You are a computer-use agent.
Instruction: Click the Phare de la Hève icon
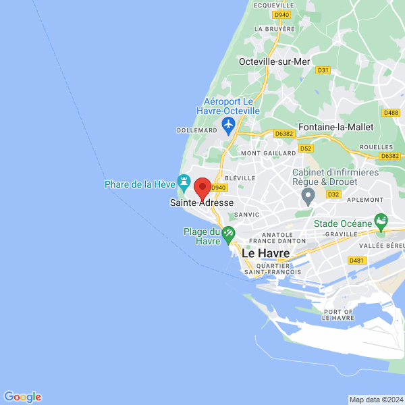(x=183, y=182)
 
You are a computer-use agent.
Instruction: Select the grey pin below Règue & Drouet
(x=308, y=196)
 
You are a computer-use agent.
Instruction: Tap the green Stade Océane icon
(x=381, y=221)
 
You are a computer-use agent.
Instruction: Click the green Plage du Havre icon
(x=228, y=234)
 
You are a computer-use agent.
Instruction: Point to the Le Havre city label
(x=265, y=253)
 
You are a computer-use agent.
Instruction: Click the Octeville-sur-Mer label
(x=274, y=61)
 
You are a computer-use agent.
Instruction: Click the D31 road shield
(x=323, y=70)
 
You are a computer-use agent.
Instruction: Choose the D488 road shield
(x=390, y=113)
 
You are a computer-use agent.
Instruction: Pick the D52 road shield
(x=306, y=148)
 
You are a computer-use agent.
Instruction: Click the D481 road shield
(x=356, y=260)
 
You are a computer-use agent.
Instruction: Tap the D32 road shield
(x=333, y=194)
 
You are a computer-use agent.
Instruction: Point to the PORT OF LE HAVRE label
(x=339, y=315)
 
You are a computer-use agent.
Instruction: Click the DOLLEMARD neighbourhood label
(x=196, y=130)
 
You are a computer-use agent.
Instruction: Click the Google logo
(x=22, y=397)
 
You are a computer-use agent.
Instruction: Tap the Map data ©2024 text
(x=376, y=399)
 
